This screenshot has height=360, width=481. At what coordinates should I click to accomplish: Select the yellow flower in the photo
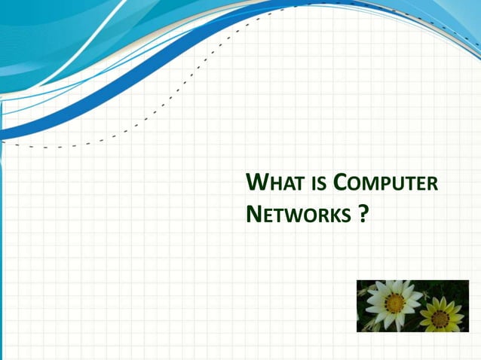click(x=442, y=316)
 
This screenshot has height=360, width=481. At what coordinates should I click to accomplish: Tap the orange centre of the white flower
click(x=394, y=303)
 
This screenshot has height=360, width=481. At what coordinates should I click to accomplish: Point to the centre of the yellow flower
click(x=441, y=319)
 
